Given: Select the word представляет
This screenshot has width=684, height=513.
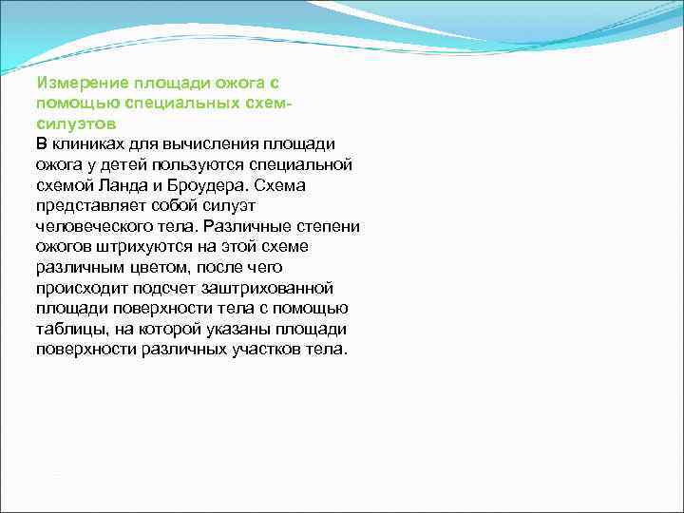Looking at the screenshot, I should pyautogui.click(x=93, y=205).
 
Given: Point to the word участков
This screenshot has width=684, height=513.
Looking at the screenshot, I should pyautogui.click(x=272, y=349).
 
